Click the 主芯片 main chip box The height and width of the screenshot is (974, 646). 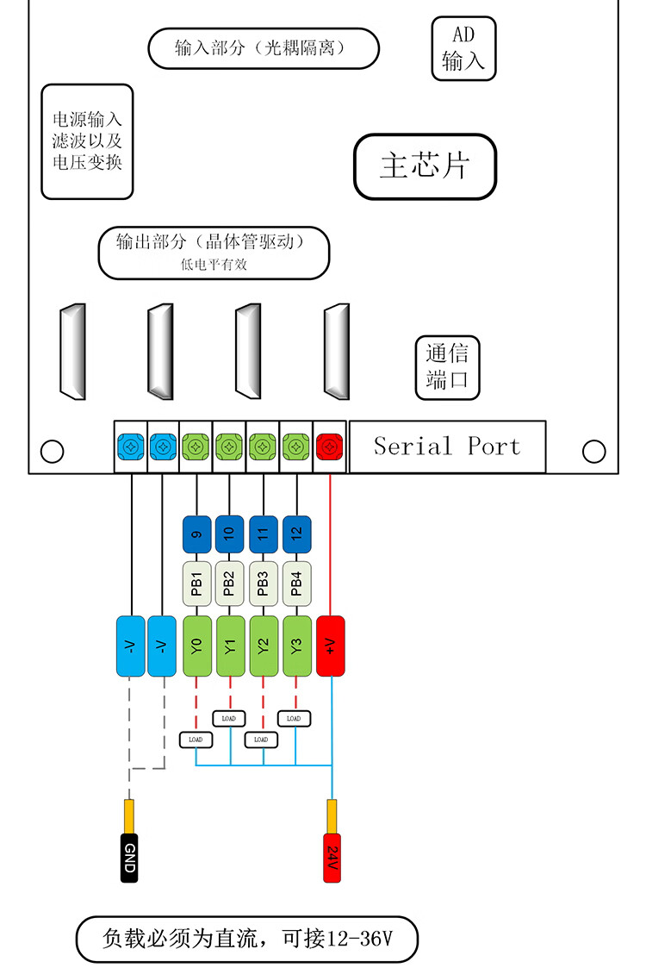coord(425,166)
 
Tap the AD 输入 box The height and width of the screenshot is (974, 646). coord(463,48)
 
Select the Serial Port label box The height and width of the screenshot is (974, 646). coord(447,446)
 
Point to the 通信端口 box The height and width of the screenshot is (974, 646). coord(447,367)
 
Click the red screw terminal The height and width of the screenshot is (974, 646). coord(330,446)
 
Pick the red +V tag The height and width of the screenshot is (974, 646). coord(331,646)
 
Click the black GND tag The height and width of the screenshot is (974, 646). coord(130,858)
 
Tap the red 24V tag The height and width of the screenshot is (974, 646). coord(332,858)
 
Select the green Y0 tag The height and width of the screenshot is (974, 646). coord(197,646)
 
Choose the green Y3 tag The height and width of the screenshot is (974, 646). coord(296,646)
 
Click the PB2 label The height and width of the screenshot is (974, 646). coord(230,583)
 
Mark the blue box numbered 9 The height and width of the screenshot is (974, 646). coord(197,534)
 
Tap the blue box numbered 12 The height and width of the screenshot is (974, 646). coord(296,534)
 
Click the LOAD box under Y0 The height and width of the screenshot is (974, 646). coord(196,739)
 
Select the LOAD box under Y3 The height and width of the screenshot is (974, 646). coord(294,718)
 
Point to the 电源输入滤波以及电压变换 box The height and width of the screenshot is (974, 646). coord(87,141)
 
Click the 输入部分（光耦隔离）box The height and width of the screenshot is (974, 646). coord(264,48)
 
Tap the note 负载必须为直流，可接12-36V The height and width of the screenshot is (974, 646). coord(246,939)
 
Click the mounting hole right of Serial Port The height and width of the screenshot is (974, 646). coord(593,451)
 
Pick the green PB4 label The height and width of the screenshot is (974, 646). coord(296,583)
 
